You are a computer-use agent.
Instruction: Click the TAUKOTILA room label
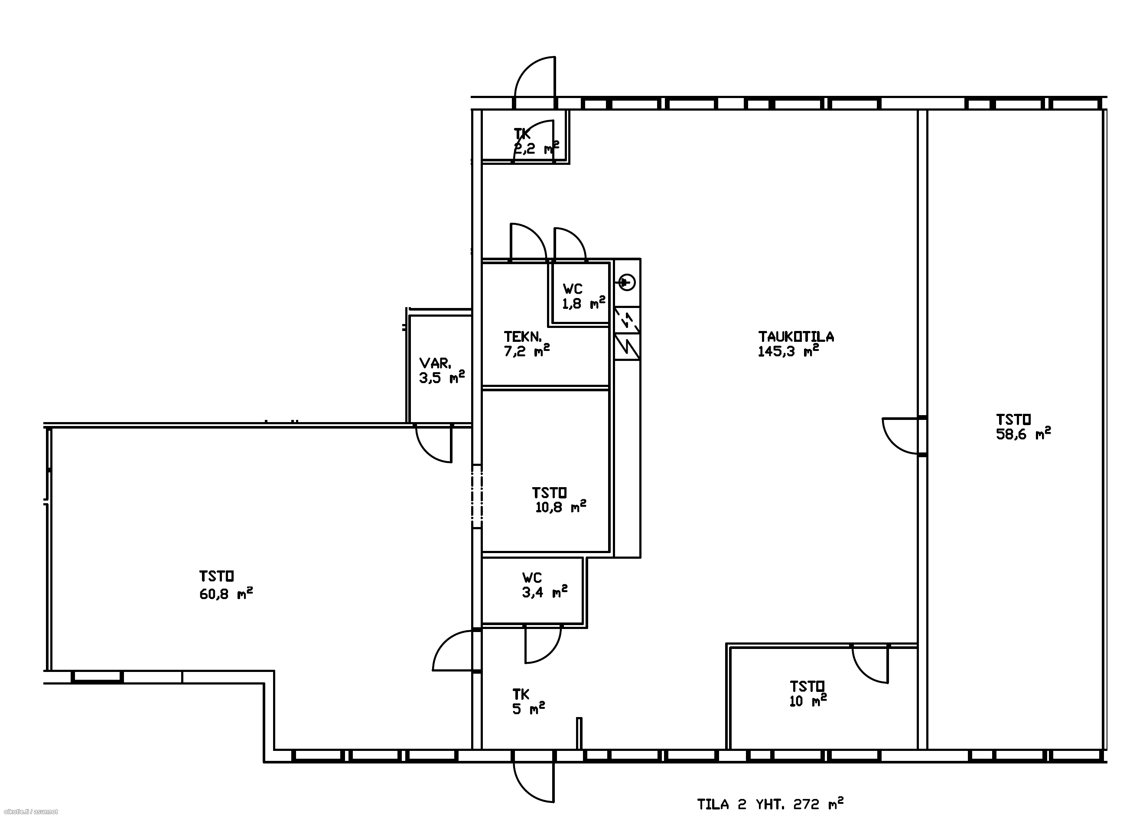(796, 337)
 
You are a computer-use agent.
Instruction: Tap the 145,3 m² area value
(788, 351)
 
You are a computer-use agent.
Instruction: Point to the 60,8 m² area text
(226, 593)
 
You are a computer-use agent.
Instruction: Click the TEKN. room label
(522, 337)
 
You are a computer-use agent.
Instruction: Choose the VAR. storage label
(435, 363)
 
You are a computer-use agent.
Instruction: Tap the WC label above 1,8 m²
(573, 289)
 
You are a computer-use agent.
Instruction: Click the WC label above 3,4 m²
(532, 578)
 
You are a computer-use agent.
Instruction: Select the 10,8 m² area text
(560, 507)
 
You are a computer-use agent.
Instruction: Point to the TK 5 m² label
(528, 701)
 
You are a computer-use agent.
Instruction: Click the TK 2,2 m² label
(536, 141)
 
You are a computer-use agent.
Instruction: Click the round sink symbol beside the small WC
(627, 282)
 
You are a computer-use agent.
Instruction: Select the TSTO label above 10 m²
(807, 687)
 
